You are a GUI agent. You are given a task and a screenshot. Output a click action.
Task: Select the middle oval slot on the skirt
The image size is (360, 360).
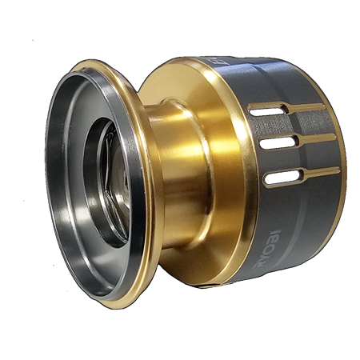(277, 144)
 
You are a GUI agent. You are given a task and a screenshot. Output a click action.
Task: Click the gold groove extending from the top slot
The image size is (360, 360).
(308, 106)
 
